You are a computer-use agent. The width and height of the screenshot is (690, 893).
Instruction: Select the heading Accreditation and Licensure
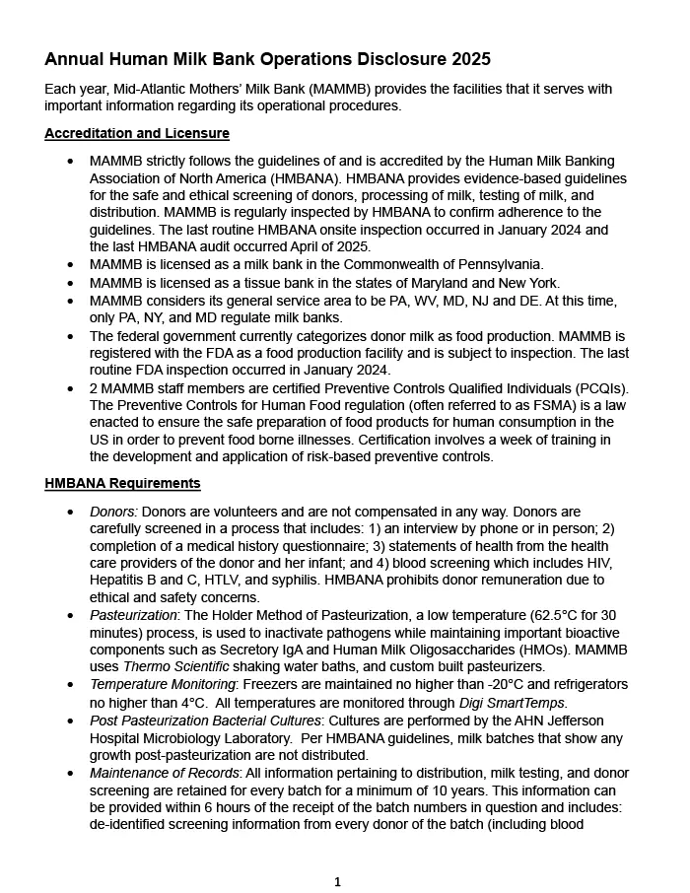click(137, 133)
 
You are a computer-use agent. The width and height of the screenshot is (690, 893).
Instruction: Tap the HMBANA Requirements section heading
click(122, 483)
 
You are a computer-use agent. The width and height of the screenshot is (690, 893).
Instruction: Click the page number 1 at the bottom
click(337, 882)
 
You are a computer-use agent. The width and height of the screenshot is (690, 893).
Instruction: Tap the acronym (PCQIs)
click(594, 387)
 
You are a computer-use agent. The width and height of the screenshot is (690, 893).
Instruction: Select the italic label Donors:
click(113, 512)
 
